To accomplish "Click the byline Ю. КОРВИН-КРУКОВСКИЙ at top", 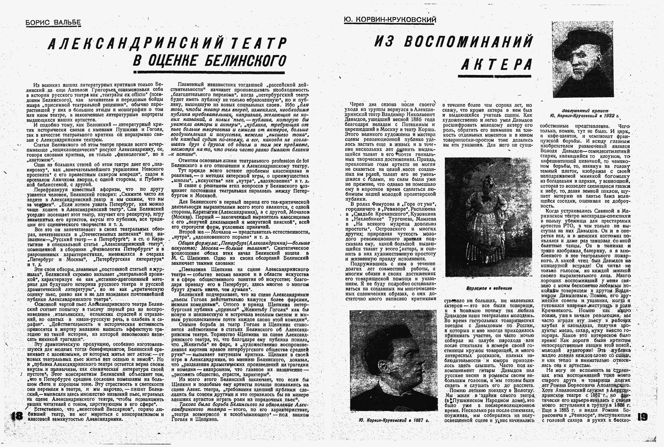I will pos(390,20).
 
